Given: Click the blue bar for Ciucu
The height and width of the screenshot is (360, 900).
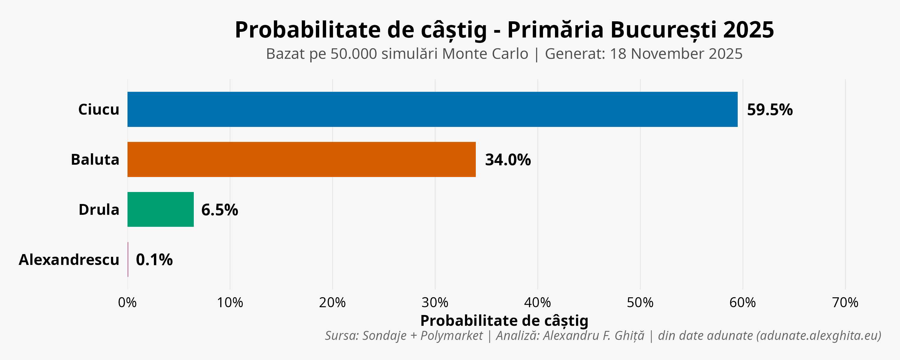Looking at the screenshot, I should pyautogui.click(x=432, y=109).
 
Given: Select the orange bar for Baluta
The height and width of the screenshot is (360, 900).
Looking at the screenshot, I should pyautogui.click(x=301, y=159).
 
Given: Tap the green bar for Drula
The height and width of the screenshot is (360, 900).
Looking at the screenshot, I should pyautogui.click(x=160, y=209).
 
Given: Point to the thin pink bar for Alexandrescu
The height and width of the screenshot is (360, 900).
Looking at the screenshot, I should pyautogui.click(x=128, y=259).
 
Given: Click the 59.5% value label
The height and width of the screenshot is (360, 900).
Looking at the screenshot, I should pyautogui.click(x=770, y=110).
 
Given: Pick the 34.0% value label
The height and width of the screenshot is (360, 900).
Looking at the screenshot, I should pyautogui.click(x=508, y=160).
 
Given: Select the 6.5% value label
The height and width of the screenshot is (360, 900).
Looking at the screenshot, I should pyautogui.click(x=219, y=210).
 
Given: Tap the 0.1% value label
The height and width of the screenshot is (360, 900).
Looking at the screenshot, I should pyautogui.click(x=154, y=260).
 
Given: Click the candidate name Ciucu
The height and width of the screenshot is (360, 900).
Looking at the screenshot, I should pyautogui.click(x=98, y=109).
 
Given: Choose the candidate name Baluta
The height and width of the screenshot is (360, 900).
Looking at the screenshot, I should pyautogui.click(x=95, y=159).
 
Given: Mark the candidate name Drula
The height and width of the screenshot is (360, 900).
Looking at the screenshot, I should pyautogui.click(x=99, y=209).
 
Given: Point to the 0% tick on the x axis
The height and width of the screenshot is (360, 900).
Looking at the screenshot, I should pyautogui.click(x=127, y=302).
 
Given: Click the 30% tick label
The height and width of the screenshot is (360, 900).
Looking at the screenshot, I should pyautogui.click(x=435, y=302).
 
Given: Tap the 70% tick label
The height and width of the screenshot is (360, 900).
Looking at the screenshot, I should pyautogui.click(x=845, y=302).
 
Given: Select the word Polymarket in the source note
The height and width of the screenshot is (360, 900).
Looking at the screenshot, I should pyautogui.click(x=451, y=335).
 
